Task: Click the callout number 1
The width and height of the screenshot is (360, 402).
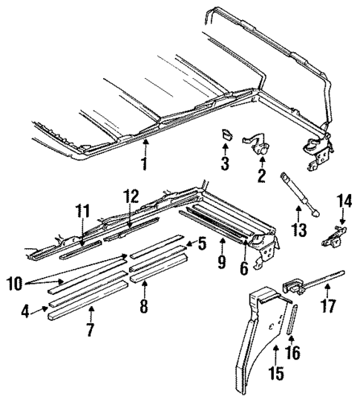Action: pos(145,163)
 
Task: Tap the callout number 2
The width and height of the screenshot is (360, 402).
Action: pos(261,177)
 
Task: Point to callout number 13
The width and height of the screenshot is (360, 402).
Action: pos(298,230)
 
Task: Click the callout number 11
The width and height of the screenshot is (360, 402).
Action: pos(81,212)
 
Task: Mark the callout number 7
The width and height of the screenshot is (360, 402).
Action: pos(90,330)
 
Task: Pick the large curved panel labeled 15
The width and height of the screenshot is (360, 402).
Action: pos(260,327)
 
